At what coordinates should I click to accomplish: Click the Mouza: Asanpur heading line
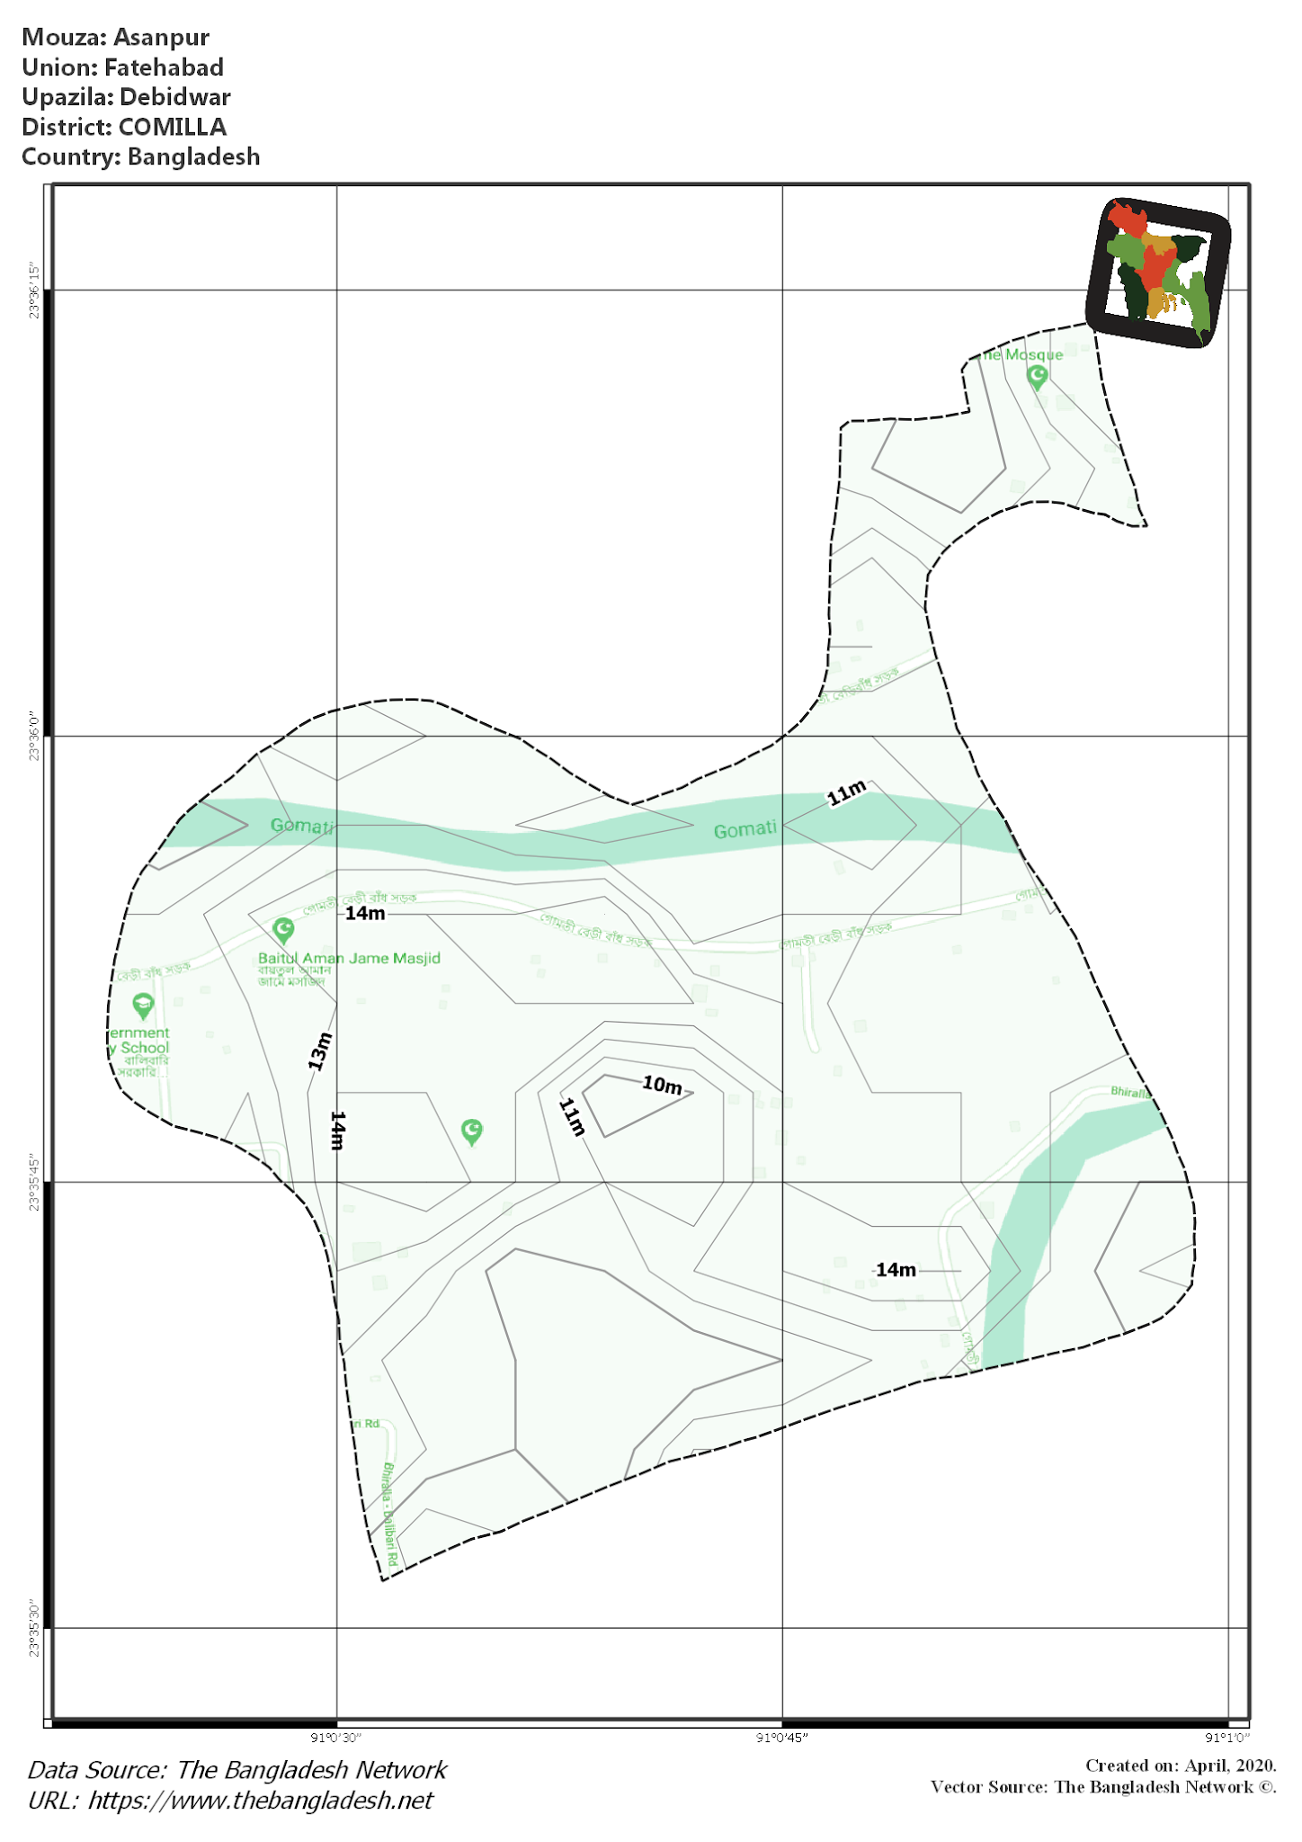(x=115, y=38)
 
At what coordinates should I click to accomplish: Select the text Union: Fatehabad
(x=122, y=67)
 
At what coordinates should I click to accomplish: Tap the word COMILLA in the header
(x=173, y=127)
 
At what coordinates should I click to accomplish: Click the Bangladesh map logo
(x=1158, y=273)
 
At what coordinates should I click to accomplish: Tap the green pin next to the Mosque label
(x=1038, y=377)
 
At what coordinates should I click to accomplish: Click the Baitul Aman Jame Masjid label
(x=349, y=959)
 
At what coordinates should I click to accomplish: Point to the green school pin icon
(x=143, y=1005)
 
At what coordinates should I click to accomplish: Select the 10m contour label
(x=662, y=1085)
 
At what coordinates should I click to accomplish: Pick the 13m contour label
(x=320, y=1051)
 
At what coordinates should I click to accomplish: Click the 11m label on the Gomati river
(x=847, y=793)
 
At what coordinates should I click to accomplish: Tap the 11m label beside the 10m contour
(x=573, y=1117)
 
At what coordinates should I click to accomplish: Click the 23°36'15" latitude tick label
(x=35, y=291)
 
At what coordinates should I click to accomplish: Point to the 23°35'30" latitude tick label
(x=35, y=1629)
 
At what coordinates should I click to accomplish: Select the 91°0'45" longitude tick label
(x=782, y=1738)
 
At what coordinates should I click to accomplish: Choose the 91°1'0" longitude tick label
(x=1227, y=1738)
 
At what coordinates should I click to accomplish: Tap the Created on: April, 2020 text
(x=1181, y=1766)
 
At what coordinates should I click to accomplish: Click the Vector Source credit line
(x=1103, y=1787)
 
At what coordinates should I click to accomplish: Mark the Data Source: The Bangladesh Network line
(x=237, y=1770)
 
